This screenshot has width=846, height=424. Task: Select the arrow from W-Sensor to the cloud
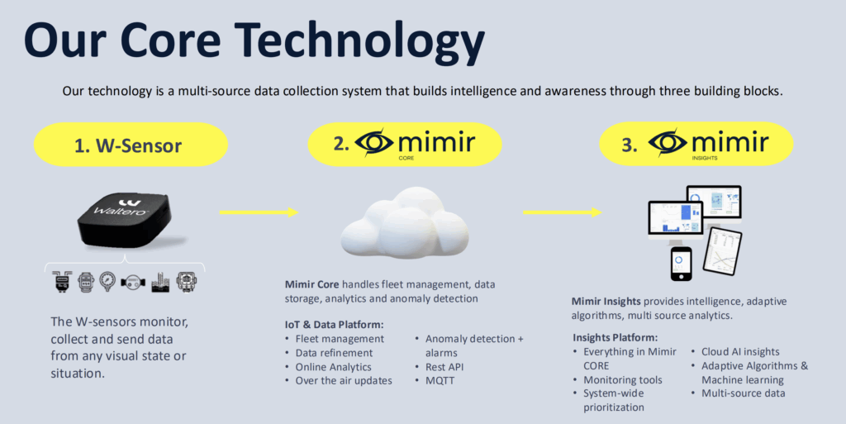[259, 212]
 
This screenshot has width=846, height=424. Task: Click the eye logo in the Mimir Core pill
[377, 144]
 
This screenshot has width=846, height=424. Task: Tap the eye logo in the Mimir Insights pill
[669, 144]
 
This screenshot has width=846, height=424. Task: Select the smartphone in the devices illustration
[680, 263]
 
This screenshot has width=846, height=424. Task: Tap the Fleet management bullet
[340, 339]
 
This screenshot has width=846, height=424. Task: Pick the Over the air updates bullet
[344, 381]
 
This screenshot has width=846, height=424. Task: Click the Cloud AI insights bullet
[740, 352]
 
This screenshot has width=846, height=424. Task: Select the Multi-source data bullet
[744, 393]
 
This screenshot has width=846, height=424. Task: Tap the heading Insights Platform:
[615, 338]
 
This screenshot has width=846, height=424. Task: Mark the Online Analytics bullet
[334, 367]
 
